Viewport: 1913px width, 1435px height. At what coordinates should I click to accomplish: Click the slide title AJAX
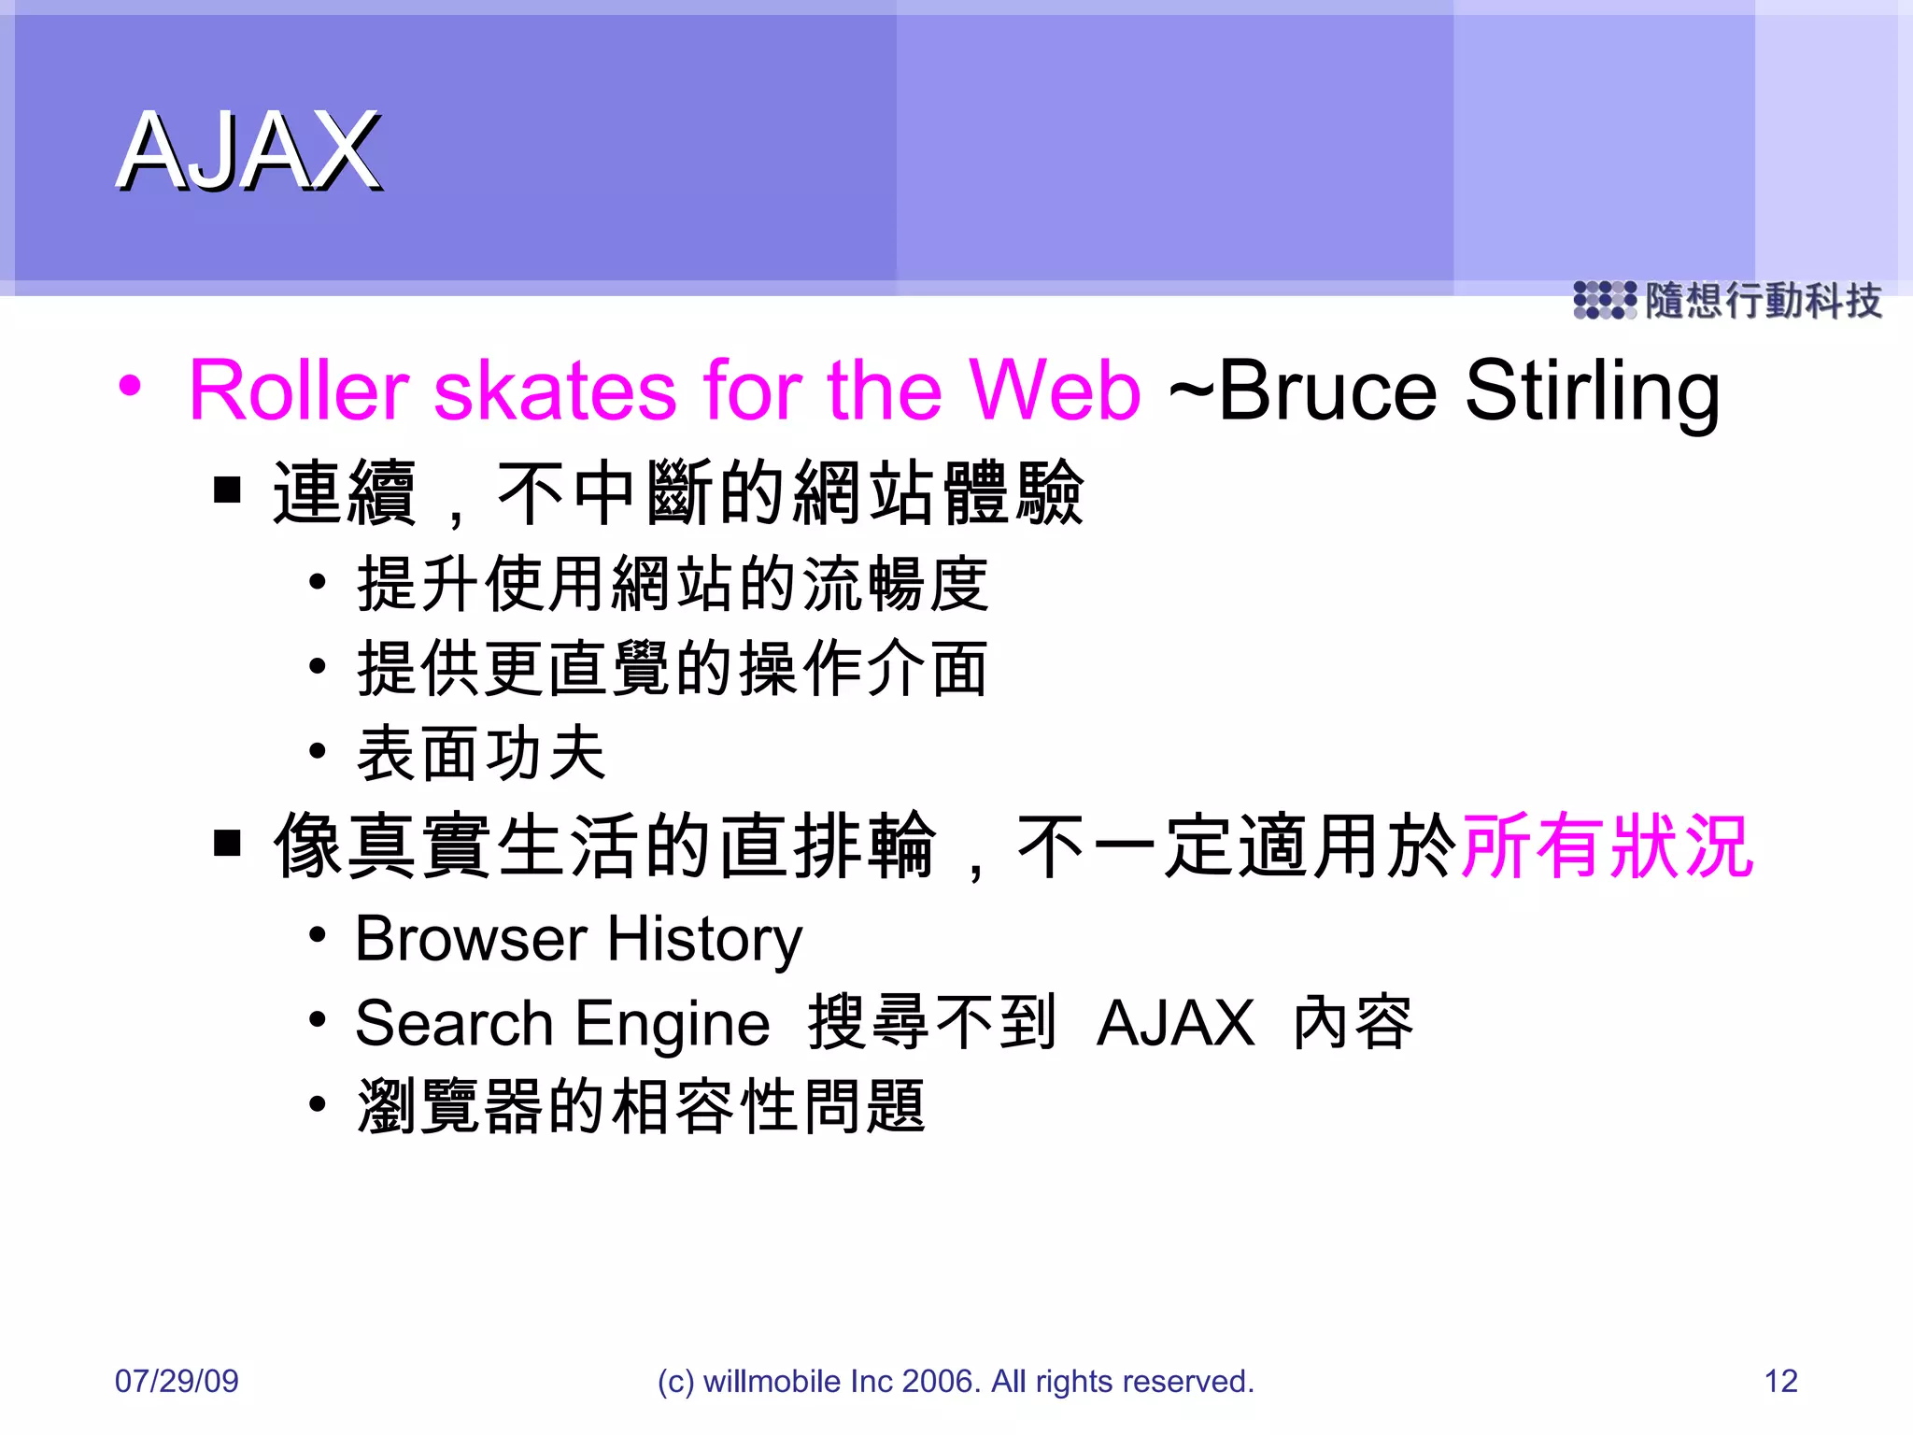pyautogui.click(x=248, y=151)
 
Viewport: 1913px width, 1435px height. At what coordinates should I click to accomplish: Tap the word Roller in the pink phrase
pyautogui.click(x=299, y=391)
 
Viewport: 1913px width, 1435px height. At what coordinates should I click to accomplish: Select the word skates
pyautogui.click(x=555, y=391)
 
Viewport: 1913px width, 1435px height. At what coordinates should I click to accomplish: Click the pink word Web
pyautogui.click(x=1055, y=391)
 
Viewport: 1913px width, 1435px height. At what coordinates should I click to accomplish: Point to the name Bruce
pyautogui.click(x=1327, y=391)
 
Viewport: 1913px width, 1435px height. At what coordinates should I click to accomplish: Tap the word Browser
pyautogui.click(x=472, y=939)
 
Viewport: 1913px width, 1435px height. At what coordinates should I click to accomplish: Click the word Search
pyautogui.click(x=455, y=1023)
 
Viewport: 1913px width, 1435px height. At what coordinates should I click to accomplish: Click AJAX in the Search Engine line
pyautogui.click(x=1176, y=1023)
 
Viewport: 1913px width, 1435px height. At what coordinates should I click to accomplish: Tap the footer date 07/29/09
pyautogui.click(x=177, y=1381)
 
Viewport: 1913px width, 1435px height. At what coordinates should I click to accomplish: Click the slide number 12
pyautogui.click(x=1780, y=1381)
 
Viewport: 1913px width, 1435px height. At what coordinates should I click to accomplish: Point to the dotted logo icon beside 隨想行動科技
pyautogui.click(x=1604, y=301)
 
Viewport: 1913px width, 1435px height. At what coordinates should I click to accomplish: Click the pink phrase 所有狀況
pyautogui.click(x=1608, y=846)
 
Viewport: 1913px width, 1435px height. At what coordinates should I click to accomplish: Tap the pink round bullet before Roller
pyautogui.click(x=131, y=386)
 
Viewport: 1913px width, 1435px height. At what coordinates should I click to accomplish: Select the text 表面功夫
pyautogui.click(x=482, y=753)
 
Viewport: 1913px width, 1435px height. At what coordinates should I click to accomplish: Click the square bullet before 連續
pyautogui.click(x=227, y=490)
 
